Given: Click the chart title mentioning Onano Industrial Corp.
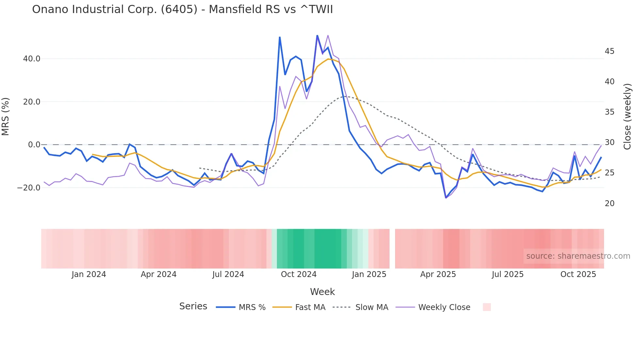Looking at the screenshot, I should point(182,9).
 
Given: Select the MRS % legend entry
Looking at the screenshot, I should point(252,307).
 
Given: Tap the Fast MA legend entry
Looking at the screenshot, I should point(310,307).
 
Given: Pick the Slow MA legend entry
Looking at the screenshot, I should point(372,307).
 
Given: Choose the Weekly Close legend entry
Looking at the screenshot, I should point(444,307).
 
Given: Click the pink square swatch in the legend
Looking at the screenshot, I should point(487,307).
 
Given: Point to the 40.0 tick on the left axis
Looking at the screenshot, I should point(32,59).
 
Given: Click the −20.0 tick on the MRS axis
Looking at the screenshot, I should point(29,188).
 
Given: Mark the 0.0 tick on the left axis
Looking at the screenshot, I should point(34,145).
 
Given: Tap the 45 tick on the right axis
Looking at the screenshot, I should point(609,51).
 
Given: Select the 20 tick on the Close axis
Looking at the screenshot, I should point(609,204).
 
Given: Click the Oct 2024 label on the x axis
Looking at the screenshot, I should point(298,274).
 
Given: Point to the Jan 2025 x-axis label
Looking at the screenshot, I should point(369,274).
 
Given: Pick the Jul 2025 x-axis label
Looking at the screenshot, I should point(507,274).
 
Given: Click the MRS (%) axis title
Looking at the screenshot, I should point(6,117).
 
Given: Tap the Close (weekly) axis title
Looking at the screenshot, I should point(627,117).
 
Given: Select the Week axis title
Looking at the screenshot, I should point(322,292).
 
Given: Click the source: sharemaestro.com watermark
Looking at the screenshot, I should point(578,256).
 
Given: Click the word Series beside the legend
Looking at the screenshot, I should point(193,306).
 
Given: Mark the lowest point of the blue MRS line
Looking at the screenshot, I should point(446,198).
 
